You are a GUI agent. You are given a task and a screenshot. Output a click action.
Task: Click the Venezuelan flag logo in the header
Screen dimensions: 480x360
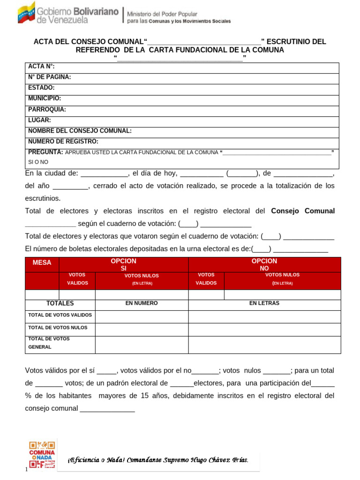(27, 13)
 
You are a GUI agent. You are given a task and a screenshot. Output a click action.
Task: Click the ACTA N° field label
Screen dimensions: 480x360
(41, 67)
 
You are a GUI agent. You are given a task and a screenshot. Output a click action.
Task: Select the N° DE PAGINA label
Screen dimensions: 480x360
(49, 77)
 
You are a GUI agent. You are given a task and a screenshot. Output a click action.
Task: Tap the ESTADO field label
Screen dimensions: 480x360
(41, 88)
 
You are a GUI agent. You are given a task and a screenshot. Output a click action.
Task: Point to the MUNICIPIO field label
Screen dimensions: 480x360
(45, 98)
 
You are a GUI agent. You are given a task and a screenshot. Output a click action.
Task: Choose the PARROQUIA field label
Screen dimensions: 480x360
(47, 109)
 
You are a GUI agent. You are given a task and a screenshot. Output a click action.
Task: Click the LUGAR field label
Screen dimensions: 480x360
(39, 120)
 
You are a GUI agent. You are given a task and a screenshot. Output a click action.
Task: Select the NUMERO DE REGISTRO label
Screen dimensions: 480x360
(63, 142)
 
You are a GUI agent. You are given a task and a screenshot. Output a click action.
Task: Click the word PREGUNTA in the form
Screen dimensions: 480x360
(45, 152)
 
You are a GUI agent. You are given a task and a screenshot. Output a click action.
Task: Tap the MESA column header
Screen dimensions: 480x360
(42, 263)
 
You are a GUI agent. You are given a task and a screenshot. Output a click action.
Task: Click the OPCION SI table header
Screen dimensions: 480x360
(124, 264)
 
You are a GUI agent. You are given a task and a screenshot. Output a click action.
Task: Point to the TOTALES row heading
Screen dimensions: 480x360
(60, 304)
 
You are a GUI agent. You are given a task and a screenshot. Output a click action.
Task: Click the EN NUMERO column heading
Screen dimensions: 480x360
(142, 303)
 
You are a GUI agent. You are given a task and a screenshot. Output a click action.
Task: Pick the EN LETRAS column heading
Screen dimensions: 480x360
(264, 303)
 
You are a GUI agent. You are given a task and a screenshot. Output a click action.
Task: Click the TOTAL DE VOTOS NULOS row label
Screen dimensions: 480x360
(58, 328)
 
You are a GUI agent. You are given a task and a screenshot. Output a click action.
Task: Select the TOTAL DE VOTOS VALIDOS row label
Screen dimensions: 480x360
(60, 315)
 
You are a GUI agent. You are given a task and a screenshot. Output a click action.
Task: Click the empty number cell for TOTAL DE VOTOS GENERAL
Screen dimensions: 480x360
(142, 345)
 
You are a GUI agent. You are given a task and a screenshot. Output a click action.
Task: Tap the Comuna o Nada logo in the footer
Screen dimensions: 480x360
(42, 454)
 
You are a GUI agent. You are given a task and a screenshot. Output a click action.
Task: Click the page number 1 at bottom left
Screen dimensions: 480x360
(26, 470)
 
